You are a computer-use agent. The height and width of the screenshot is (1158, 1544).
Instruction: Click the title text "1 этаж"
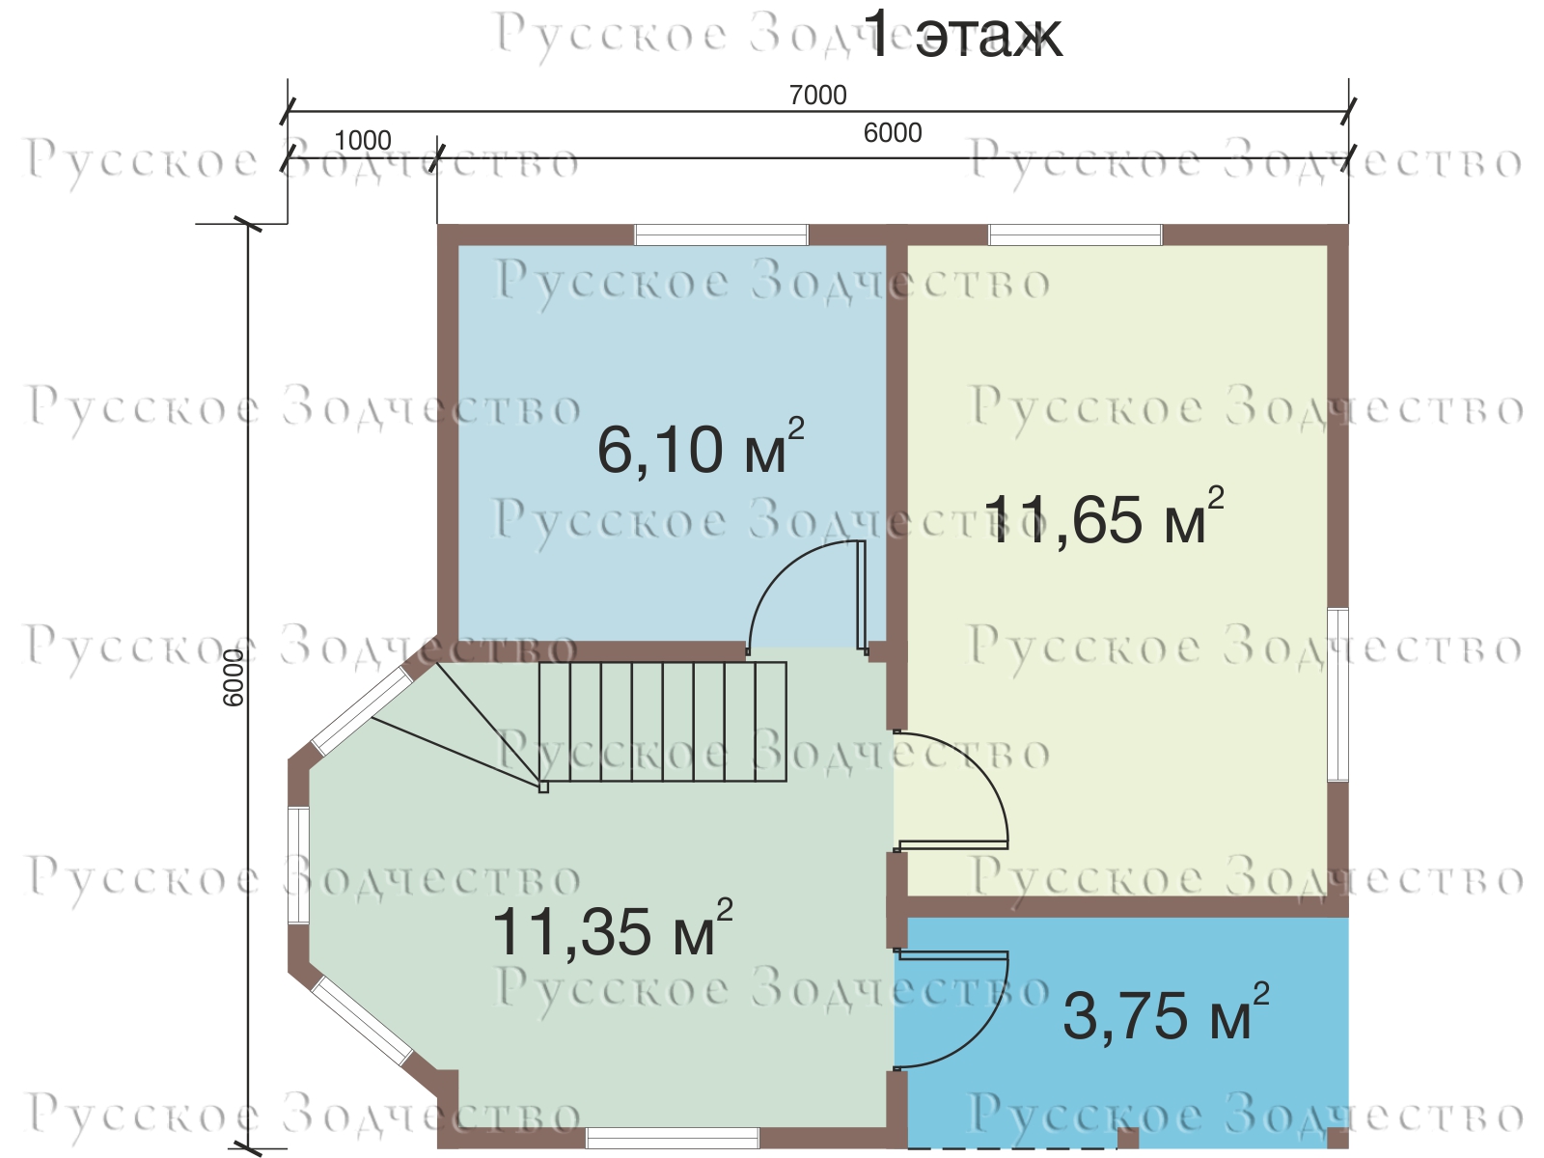point(965,35)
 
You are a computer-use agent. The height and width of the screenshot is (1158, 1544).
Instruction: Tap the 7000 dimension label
point(817,95)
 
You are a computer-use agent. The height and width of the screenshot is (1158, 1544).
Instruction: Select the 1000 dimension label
point(362,141)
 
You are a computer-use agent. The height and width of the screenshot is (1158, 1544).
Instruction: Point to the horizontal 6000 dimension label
point(893,133)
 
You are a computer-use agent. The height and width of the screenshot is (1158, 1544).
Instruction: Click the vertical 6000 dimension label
point(233,677)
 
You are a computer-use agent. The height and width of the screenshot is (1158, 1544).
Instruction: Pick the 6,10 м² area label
point(701,447)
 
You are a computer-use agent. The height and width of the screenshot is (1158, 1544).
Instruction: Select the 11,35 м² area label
point(612,928)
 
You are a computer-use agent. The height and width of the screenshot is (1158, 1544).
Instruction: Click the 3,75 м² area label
point(1166,1013)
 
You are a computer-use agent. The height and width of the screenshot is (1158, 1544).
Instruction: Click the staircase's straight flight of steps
point(663,722)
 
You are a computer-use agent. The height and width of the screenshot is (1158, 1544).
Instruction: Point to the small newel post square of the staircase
point(543,787)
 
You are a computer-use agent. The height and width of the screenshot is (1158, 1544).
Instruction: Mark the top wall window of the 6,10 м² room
point(722,234)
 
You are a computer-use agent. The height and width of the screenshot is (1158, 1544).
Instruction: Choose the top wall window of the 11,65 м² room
point(1076,234)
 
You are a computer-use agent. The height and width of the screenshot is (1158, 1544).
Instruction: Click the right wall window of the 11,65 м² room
point(1337,695)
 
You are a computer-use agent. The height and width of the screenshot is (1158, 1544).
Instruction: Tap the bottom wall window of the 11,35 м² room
point(673,1138)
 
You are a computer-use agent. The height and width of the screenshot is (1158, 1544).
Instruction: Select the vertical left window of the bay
point(299,865)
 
